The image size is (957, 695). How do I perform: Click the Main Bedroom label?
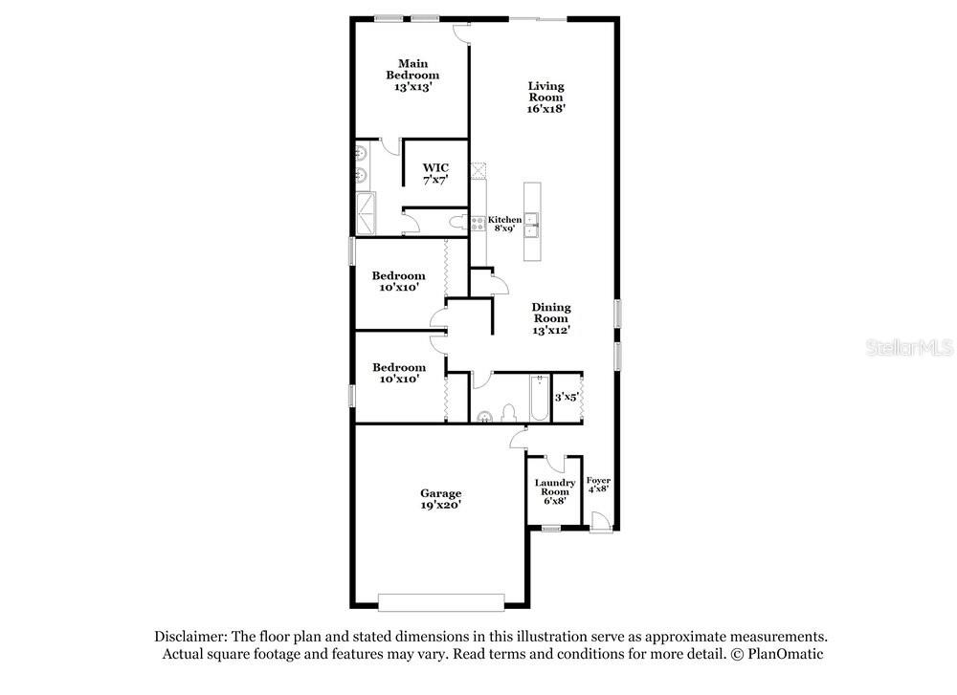pyautogui.click(x=412, y=69)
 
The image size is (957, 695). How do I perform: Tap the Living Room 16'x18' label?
pyautogui.click(x=546, y=97)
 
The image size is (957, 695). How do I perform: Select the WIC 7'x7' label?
pyautogui.click(x=435, y=174)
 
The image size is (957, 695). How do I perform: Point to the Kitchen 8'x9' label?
pyautogui.click(x=504, y=224)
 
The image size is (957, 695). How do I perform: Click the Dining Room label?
pyautogui.click(x=551, y=313)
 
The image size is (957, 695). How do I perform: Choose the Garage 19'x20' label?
pyautogui.click(x=440, y=499)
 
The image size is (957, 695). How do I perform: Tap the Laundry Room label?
pyautogui.click(x=555, y=487)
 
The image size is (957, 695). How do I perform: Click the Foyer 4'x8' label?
pyautogui.click(x=598, y=485)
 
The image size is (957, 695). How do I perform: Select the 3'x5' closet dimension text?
pyautogui.click(x=567, y=397)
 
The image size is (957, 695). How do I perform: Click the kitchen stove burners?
pyautogui.click(x=478, y=223)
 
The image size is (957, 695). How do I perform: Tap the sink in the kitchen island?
pyautogui.click(x=531, y=225)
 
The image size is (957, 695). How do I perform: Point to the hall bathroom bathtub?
pyautogui.click(x=540, y=398)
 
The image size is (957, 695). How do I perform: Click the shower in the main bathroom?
pyautogui.click(x=367, y=213)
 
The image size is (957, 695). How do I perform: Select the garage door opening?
pyautogui.click(x=441, y=602)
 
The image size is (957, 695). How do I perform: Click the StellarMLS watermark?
pyautogui.click(x=909, y=348)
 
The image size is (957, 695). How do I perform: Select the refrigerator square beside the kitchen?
pyautogui.click(x=478, y=170)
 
